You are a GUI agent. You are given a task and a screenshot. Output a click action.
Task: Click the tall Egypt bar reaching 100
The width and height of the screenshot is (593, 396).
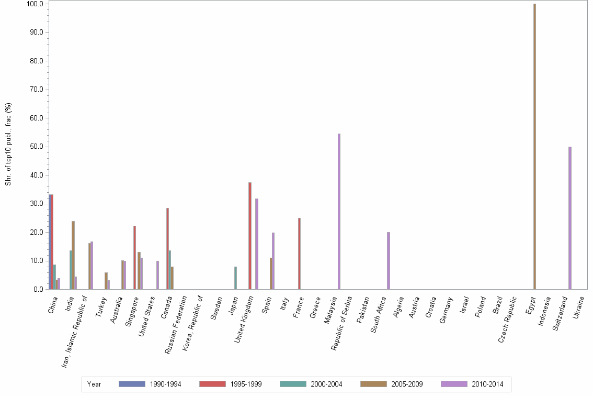tap(534, 147)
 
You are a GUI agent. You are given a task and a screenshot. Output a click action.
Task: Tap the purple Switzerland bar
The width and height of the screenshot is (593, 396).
tap(570, 218)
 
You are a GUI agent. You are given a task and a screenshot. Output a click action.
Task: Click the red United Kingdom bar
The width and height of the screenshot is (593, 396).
tap(250, 236)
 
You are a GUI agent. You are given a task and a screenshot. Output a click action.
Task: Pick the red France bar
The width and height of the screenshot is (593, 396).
tap(299, 254)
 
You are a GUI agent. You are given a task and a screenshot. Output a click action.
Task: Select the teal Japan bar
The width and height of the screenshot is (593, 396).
tap(235, 278)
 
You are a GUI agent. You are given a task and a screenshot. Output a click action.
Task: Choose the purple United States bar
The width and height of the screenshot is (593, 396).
tap(157, 275)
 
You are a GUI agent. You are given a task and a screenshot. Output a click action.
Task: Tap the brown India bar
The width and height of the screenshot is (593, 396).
tap(73, 255)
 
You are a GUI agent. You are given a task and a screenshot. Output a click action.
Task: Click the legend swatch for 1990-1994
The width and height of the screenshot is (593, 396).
tap(132, 384)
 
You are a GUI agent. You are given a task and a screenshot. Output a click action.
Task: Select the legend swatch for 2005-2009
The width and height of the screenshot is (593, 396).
tap(373, 384)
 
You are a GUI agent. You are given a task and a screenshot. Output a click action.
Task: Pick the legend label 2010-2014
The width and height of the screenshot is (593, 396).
tap(487, 384)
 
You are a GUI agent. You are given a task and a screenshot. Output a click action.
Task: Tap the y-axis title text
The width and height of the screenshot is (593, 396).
tap(8, 144)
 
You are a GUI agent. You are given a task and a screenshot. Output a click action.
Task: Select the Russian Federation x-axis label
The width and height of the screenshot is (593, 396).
tap(176, 325)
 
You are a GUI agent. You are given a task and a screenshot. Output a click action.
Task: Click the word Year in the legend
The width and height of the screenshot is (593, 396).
tap(94, 384)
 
